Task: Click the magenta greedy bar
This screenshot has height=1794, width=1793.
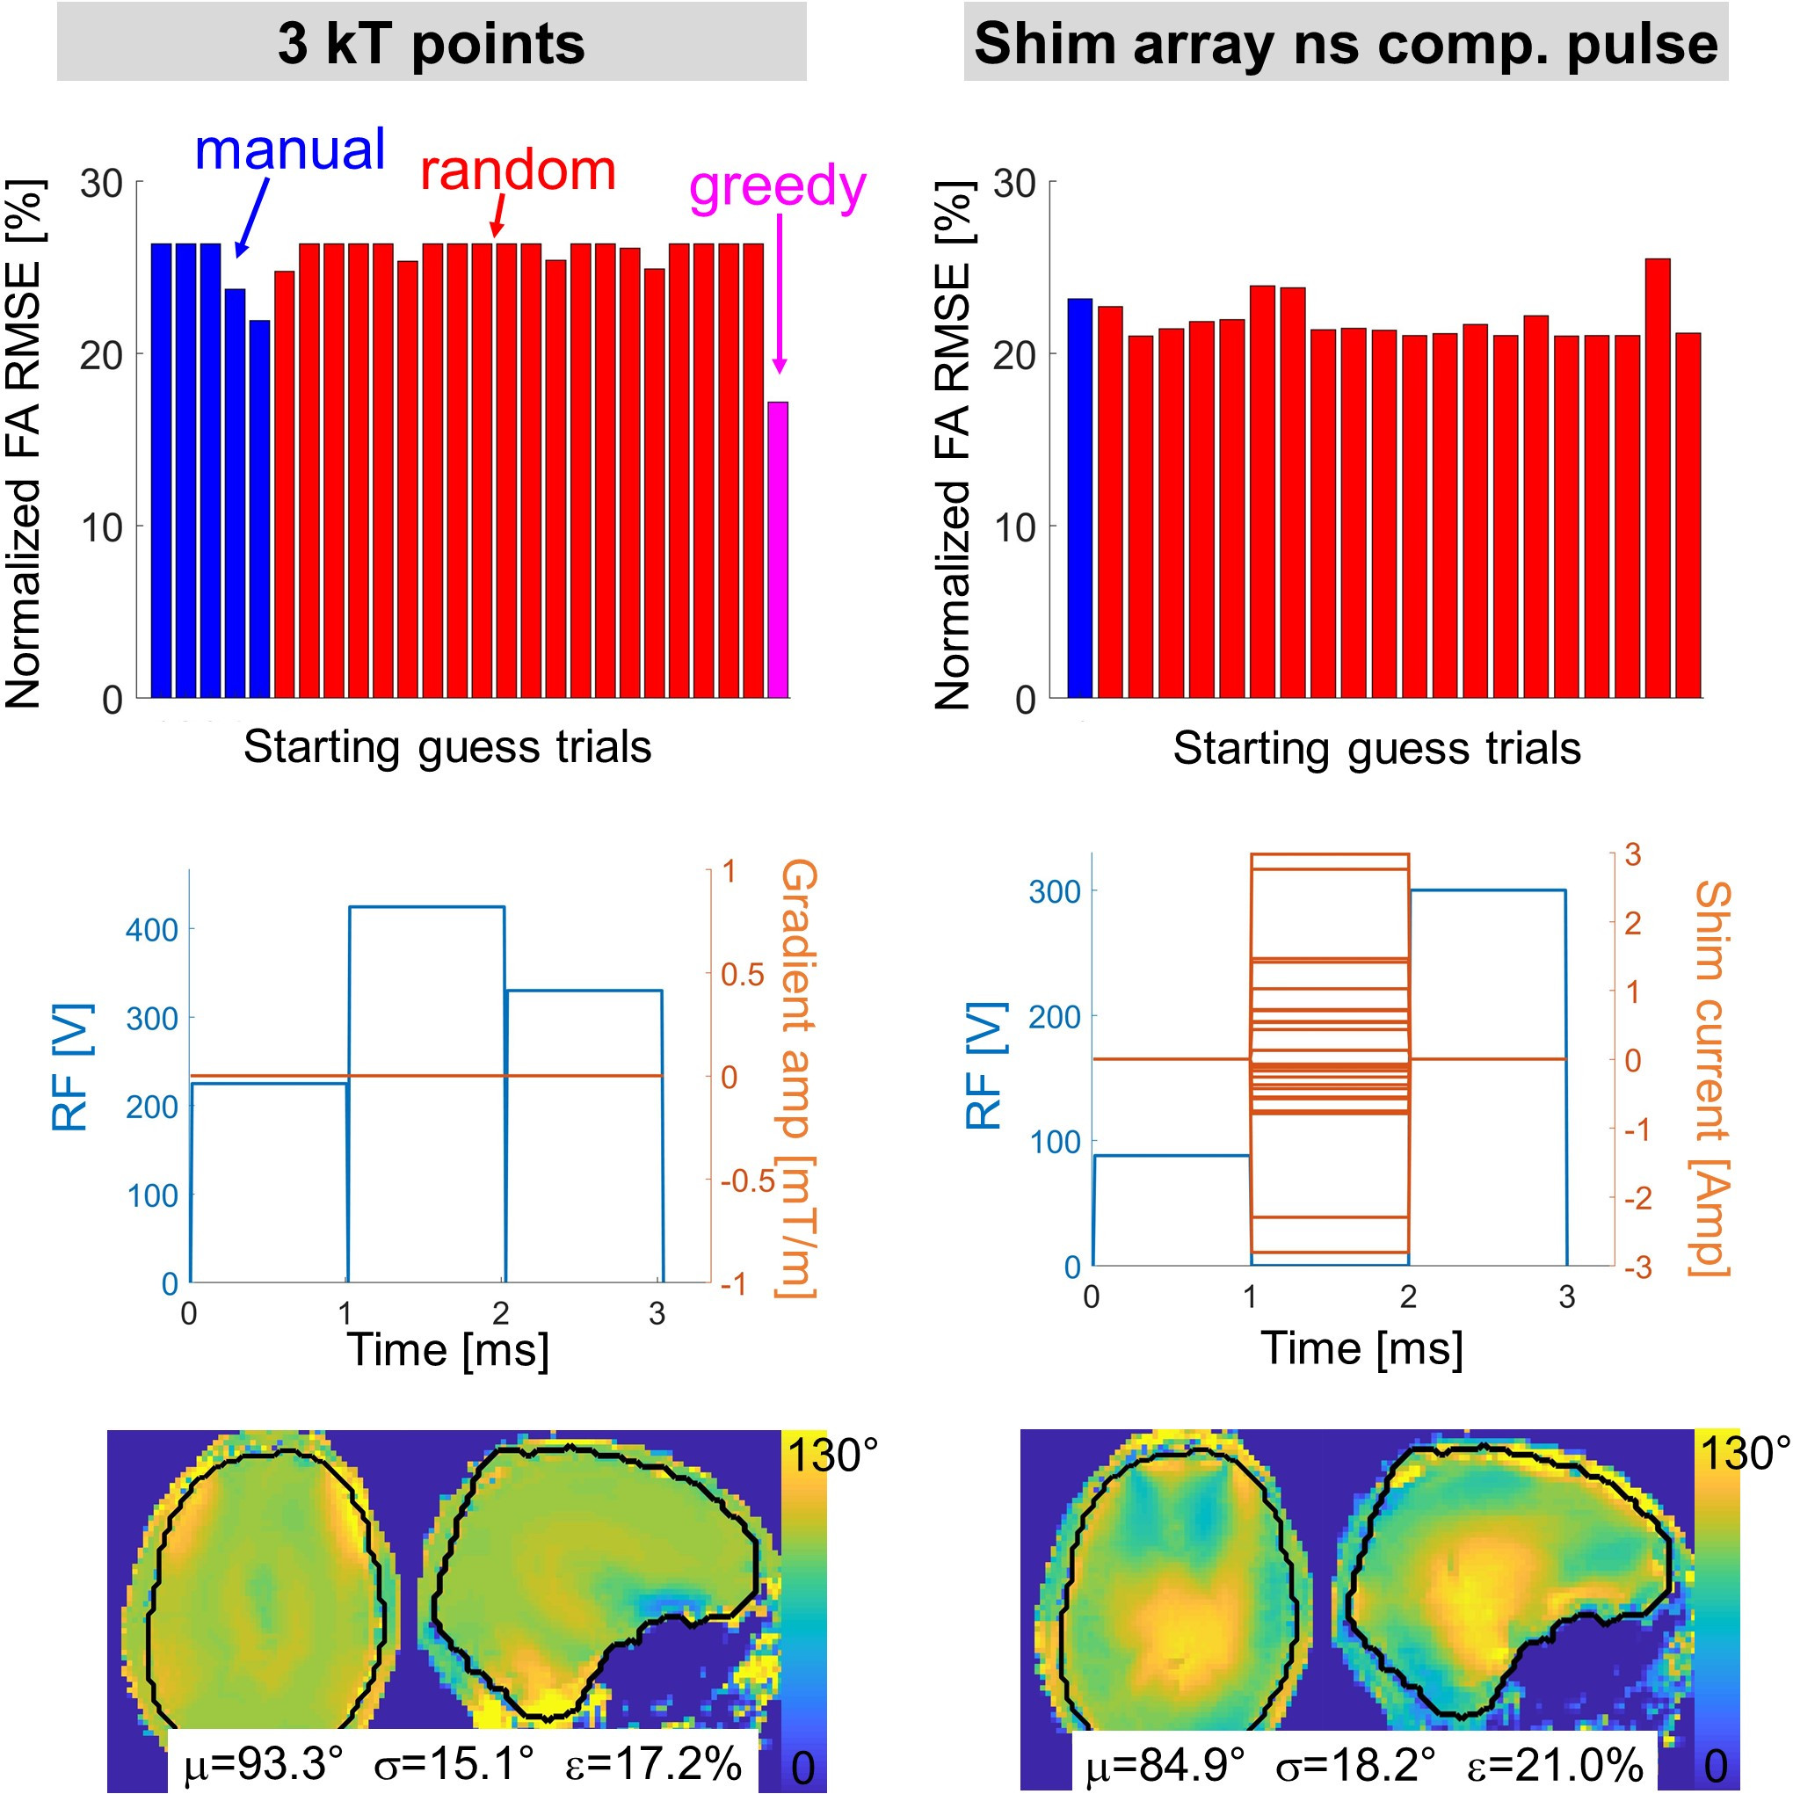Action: click(777, 549)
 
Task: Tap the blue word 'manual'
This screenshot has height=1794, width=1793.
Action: click(290, 150)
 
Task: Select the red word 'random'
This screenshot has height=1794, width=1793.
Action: click(517, 171)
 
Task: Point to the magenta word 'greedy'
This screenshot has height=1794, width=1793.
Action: click(777, 186)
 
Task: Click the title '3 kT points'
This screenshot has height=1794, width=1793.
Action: click(431, 44)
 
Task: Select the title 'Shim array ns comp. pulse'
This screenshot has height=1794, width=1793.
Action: click(1346, 44)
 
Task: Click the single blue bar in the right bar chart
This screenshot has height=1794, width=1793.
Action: click(1079, 498)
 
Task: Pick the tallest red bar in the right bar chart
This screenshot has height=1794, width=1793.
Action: click(1657, 478)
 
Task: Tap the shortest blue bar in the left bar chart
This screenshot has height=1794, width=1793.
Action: click(259, 509)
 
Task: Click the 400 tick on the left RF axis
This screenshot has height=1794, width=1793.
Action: click(151, 929)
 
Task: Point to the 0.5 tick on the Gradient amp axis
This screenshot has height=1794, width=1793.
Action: click(742, 974)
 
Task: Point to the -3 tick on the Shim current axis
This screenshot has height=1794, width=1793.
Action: click(1637, 1267)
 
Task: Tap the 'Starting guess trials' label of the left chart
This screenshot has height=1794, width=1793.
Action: click(447, 746)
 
